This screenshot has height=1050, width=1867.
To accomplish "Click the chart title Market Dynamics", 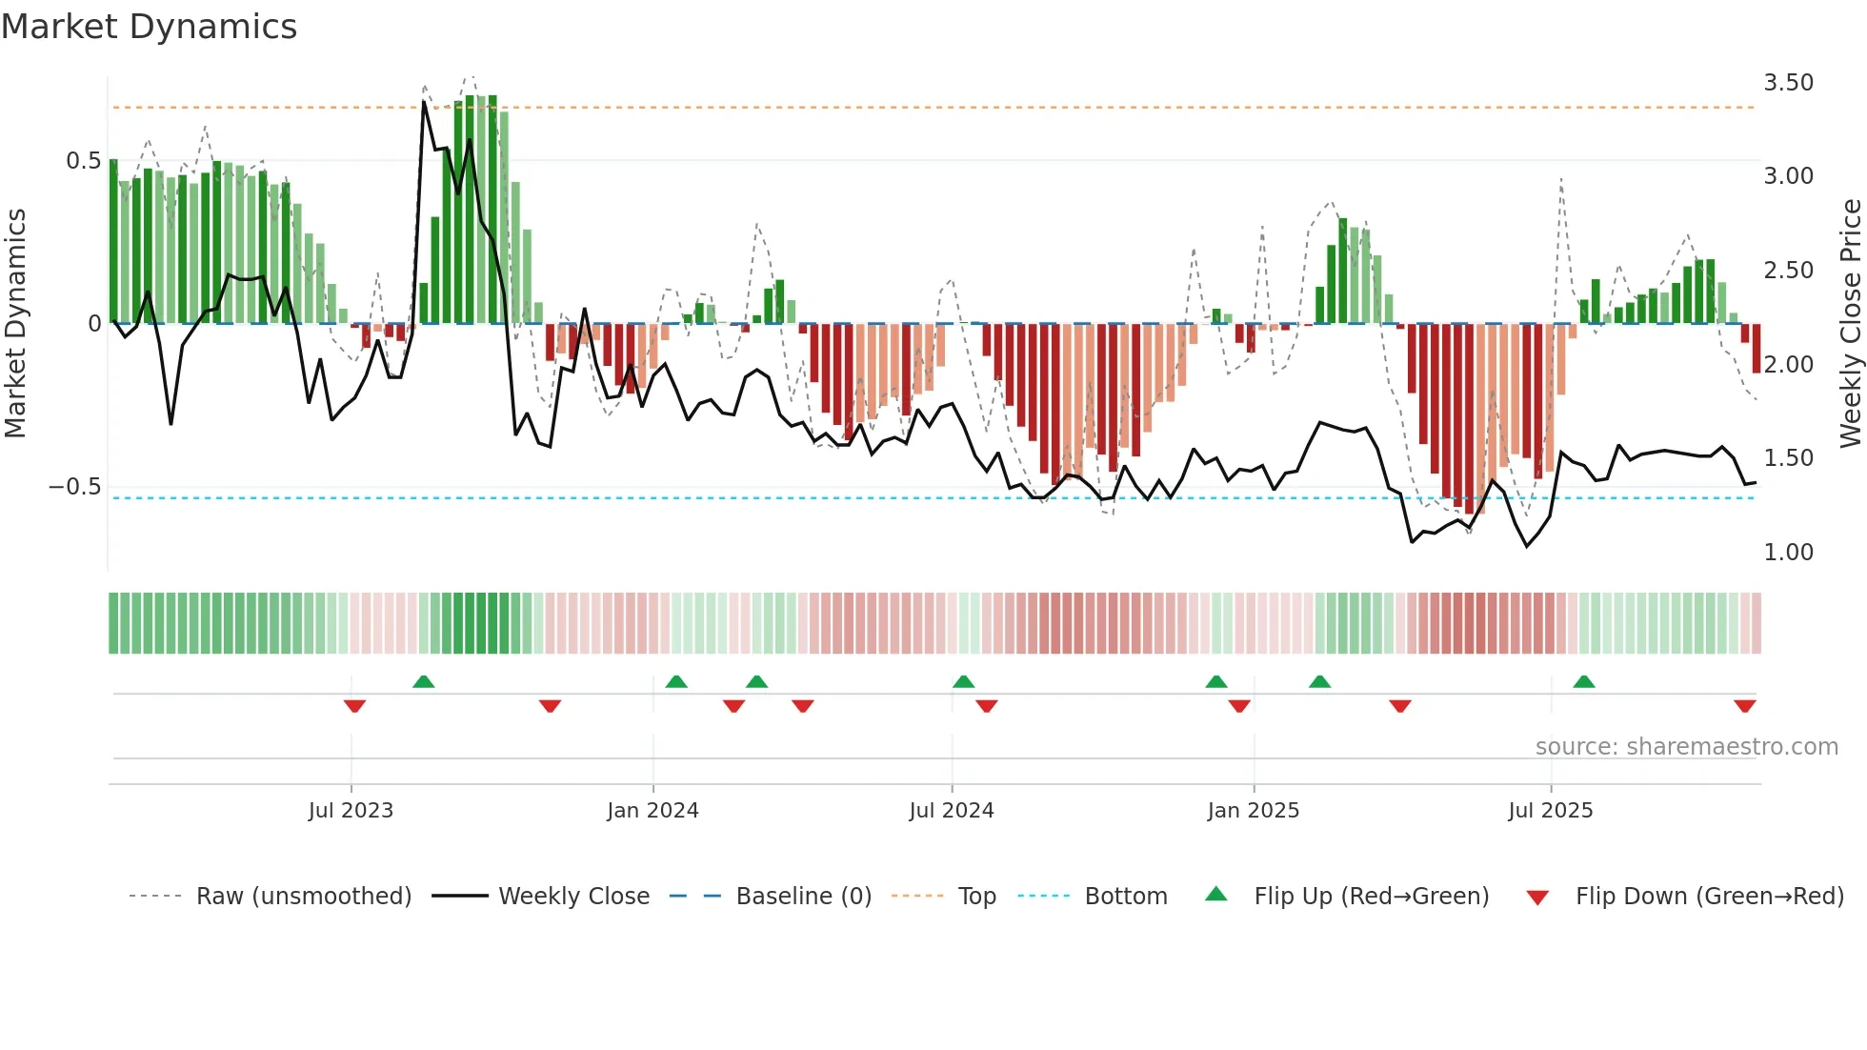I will (150, 27).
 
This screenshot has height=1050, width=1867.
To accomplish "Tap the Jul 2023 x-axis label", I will (351, 811).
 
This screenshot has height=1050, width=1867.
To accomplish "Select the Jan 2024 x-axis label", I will (652, 811).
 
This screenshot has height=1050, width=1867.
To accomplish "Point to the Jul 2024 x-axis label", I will (952, 811).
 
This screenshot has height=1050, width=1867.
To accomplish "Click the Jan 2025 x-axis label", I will (1253, 811).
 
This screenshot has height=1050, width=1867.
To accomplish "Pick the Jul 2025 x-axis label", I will (1550, 811).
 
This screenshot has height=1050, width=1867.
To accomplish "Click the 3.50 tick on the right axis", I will (1788, 83).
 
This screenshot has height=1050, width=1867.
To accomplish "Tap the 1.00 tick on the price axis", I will (1788, 553).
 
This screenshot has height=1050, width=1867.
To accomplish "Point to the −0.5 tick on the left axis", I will (74, 487).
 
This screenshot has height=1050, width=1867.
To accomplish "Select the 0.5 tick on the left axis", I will (83, 161).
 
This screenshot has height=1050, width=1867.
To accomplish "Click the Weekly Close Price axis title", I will (1850, 324).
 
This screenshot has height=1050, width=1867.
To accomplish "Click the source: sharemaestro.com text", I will (1686, 747).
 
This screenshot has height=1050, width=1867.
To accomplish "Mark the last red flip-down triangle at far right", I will (1744, 706).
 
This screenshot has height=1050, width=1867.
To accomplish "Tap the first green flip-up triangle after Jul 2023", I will (424, 681).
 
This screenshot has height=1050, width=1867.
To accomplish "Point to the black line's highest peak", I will (424, 102).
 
